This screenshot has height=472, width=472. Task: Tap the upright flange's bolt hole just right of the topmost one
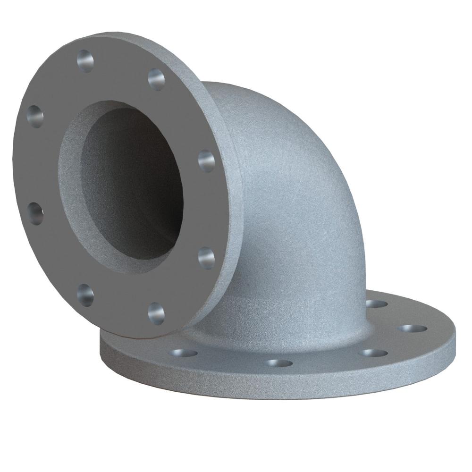click(156, 78)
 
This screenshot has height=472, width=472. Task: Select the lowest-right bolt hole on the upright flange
click(156, 312)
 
